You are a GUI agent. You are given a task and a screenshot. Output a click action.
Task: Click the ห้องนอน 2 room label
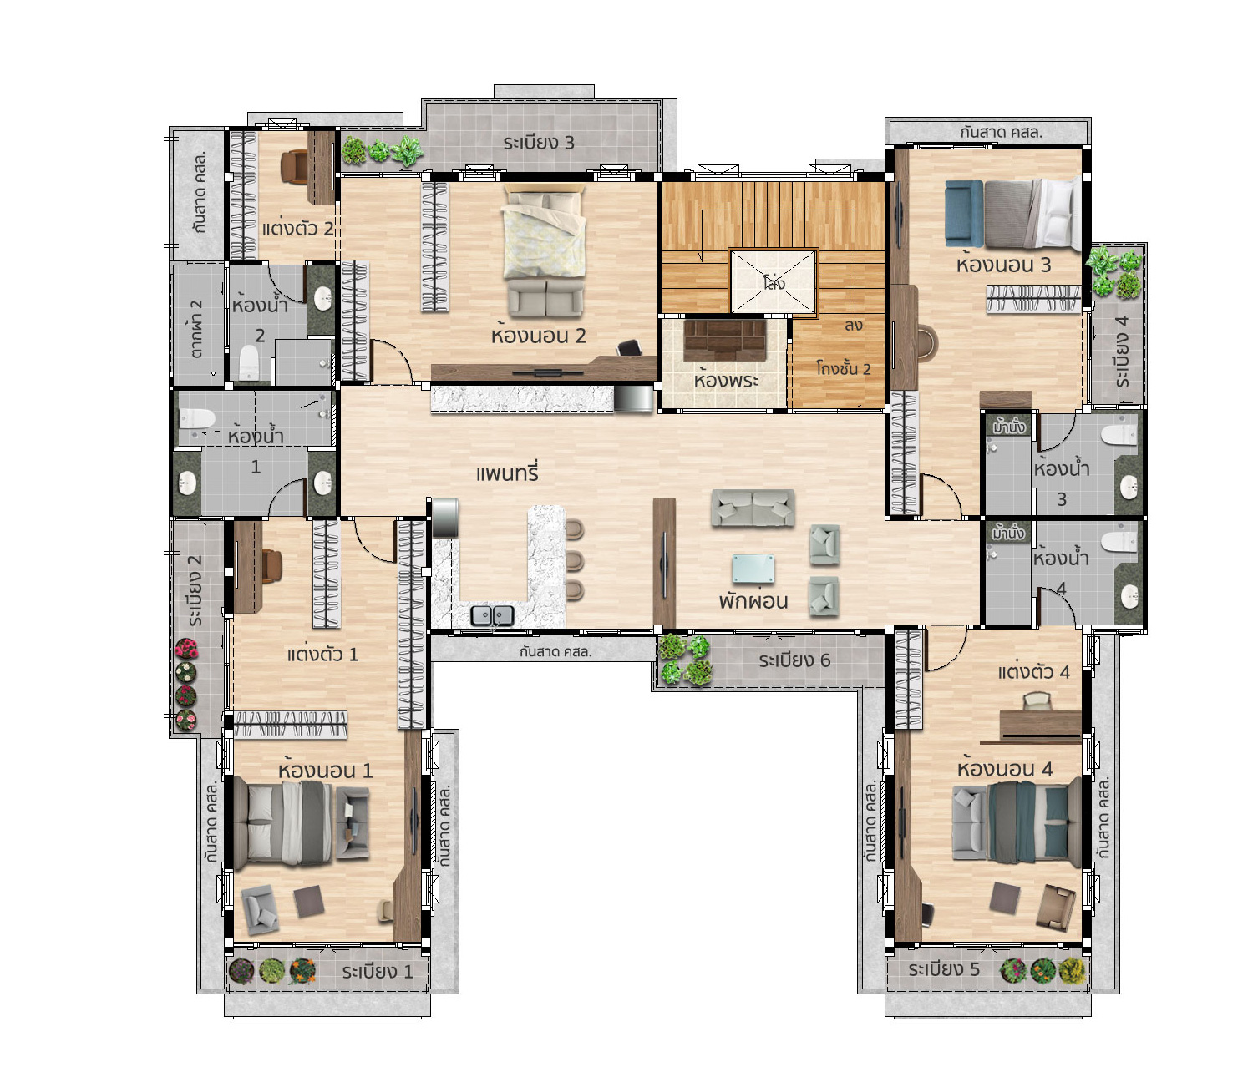pos(538,335)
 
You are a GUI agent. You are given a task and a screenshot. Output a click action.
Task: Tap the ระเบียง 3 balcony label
pos(538,143)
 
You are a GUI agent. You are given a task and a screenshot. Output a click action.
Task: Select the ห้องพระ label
pos(726,380)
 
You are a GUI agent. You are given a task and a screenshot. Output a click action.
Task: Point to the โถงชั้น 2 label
pos(843,368)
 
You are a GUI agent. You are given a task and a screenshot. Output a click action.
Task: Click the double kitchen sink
pos(492,615)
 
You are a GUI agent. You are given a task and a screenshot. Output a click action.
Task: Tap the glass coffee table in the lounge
pos(753,569)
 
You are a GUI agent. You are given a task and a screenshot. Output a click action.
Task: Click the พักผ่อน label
pos(753,601)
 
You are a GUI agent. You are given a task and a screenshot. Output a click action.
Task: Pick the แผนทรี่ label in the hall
pos(507,473)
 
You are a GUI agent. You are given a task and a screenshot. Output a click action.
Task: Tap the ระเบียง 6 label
pos(794,660)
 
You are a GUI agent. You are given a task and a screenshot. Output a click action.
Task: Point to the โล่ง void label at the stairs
pos(774,282)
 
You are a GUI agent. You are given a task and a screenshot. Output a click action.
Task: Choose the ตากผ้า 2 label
pos(197,329)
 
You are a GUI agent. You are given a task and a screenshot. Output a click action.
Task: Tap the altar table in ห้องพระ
pos(725,340)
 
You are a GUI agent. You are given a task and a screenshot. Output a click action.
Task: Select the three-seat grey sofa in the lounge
pos(753,508)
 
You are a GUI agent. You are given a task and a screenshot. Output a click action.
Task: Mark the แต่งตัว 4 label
pos(1033,672)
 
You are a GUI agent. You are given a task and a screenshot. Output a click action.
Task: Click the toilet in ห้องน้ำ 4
pos(1119,543)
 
